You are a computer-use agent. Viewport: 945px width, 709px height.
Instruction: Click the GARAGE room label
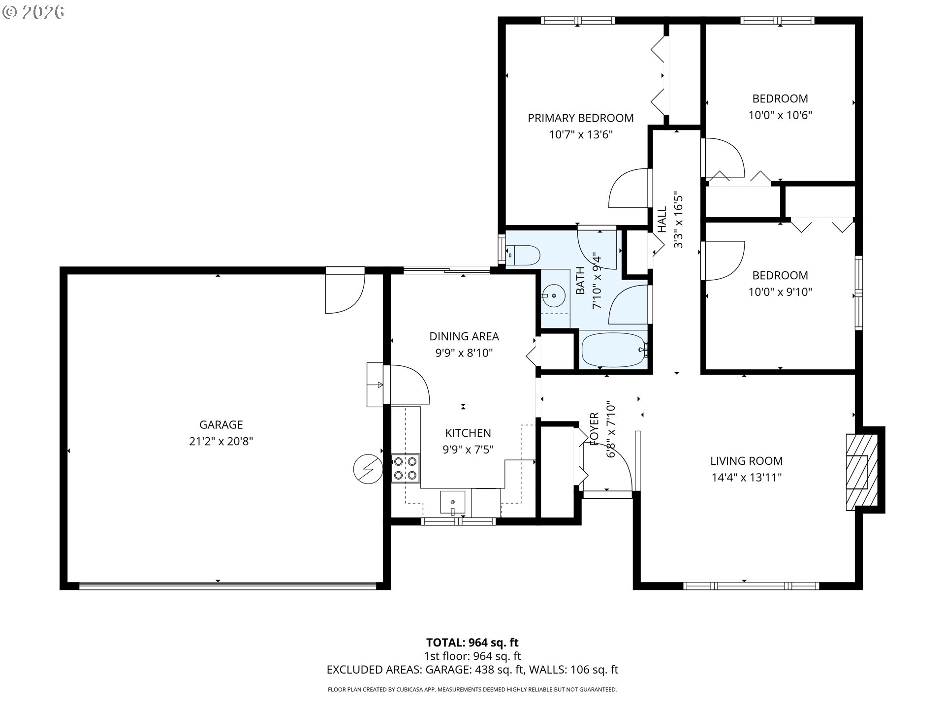[x=221, y=424]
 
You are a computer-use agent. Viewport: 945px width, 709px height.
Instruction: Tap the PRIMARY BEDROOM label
[x=581, y=118]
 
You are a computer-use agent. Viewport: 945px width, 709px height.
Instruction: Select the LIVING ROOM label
[x=746, y=461]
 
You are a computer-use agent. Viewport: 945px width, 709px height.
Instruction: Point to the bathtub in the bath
[x=614, y=350]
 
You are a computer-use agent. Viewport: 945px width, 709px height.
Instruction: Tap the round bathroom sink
[x=554, y=296]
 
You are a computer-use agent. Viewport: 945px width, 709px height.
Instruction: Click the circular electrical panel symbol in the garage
[x=368, y=469]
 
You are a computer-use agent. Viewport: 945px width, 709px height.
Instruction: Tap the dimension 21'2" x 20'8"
[x=221, y=441]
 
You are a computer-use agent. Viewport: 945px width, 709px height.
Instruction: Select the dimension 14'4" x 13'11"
[x=746, y=478]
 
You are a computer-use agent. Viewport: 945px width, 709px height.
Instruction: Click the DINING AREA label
[x=464, y=336]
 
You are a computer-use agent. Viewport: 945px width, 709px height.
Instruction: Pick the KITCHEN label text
[x=468, y=433]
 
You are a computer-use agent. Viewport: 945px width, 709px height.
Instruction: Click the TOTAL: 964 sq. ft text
[x=472, y=643]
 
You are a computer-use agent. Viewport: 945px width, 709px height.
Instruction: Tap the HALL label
[x=662, y=220]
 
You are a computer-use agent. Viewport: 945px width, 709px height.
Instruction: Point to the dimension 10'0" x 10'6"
[x=780, y=115]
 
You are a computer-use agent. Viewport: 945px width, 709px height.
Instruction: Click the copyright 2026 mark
[x=33, y=12]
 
